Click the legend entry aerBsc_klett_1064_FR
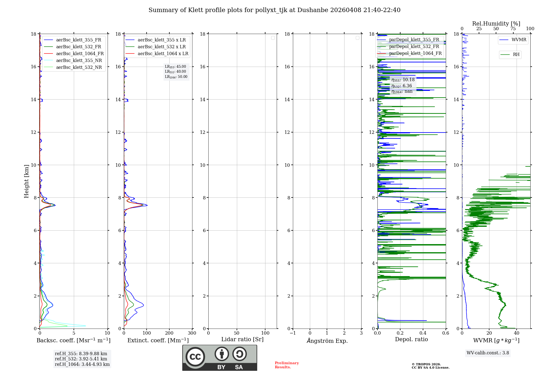[x=80, y=54]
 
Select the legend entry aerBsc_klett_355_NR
[x=79, y=61]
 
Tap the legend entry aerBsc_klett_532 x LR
[x=161, y=47]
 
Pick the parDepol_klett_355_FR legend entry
[x=414, y=40]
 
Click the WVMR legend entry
[x=519, y=40]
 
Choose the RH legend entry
[x=516, y=55]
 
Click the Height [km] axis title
[x=26, y=181]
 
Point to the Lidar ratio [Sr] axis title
[x=242, y=340]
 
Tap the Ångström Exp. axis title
[x=327, y=341]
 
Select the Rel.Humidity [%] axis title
[x=496, y=24]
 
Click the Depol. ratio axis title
[x=411, y=340]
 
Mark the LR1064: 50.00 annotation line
[x=176, y=77]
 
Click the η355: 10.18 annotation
[x=403, y=80]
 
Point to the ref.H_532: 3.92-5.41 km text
[x=81, y=359]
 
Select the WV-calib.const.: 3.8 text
[x=488, y=353]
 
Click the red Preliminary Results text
[x=287, y=365]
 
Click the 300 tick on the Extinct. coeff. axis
[x=192, y=333]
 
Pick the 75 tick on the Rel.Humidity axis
[x=513, y=29]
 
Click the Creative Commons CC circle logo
[x=195, y=357]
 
